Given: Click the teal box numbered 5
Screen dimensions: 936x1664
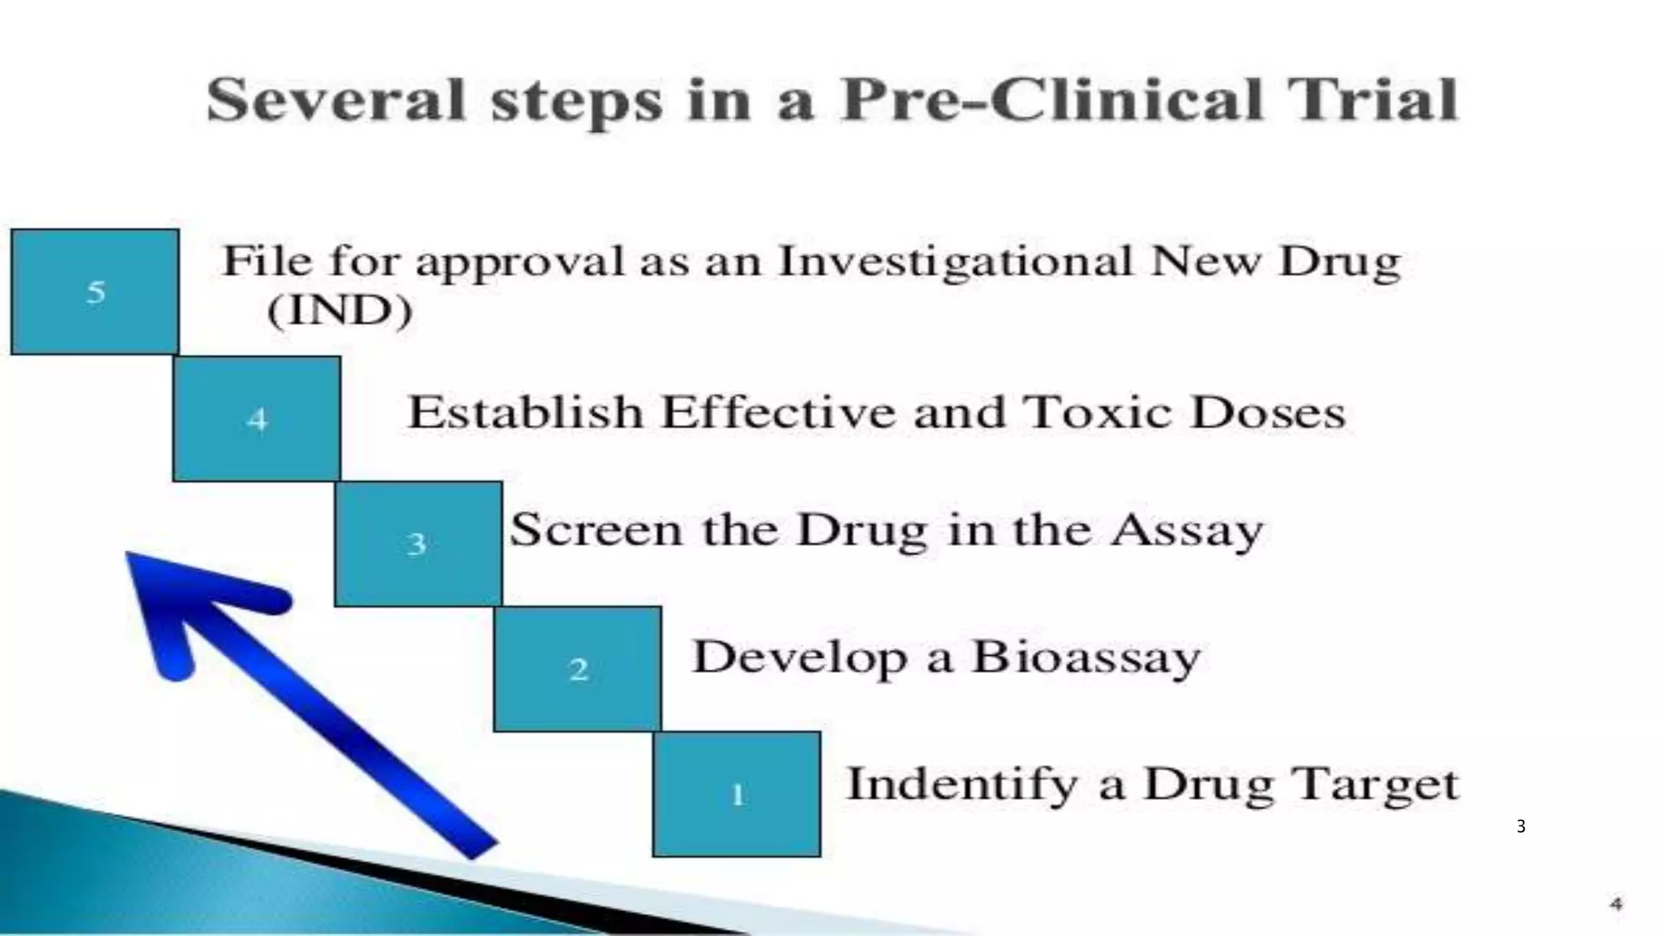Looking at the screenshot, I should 95,292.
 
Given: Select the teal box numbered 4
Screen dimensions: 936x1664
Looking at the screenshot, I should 257,419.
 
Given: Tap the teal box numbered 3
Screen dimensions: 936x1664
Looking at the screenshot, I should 418,544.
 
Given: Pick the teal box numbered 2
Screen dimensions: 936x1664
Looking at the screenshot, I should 578,669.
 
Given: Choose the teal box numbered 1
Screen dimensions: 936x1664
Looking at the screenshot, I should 737,794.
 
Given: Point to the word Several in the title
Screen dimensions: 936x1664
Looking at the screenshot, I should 336,101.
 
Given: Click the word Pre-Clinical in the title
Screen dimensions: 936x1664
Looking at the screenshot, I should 1051,101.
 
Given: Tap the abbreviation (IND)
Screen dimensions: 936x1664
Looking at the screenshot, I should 340,310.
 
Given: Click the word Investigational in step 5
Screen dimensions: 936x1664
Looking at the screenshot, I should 955,262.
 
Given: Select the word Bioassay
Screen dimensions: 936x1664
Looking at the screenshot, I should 1086,656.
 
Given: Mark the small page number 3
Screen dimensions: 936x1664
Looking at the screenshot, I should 1521,827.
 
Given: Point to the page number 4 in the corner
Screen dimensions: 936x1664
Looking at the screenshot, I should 1616,903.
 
